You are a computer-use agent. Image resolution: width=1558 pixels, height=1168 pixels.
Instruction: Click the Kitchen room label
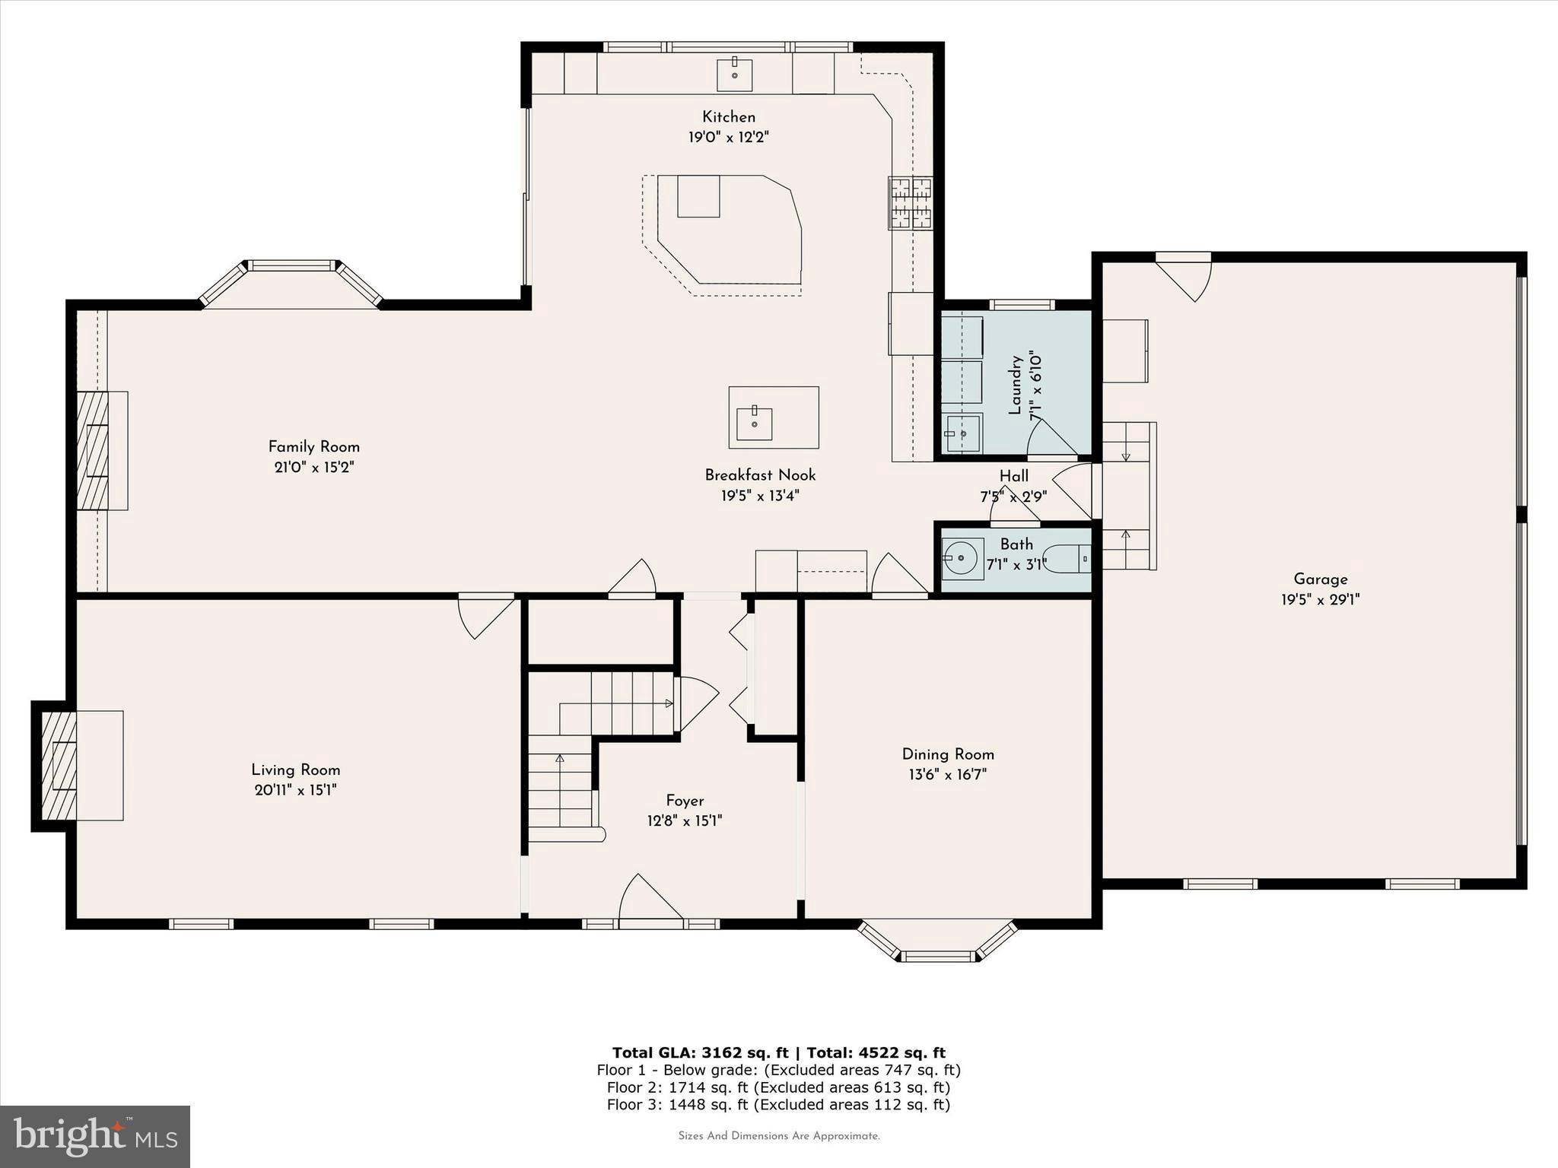tap(728, 117)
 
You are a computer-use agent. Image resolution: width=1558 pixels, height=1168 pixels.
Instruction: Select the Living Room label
tap(296, 770)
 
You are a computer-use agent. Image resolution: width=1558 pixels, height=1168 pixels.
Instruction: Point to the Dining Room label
tap(948, 754)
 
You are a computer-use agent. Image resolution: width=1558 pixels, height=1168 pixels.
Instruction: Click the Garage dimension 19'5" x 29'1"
tap(1320, 600)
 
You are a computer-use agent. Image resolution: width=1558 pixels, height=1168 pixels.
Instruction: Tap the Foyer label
tap(685, 801)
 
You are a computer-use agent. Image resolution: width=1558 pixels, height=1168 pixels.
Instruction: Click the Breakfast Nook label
tap(760, 475)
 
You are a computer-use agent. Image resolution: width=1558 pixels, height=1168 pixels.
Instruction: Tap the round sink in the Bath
tap(962, 559)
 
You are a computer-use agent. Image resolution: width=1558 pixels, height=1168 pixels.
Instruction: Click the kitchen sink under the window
tap(735, 75)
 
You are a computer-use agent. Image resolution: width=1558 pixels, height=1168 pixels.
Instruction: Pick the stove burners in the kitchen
tap(911, 203)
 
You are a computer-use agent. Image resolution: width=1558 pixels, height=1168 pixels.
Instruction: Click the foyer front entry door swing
tap(648, 899)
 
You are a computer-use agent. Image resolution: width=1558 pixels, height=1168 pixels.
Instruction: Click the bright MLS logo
tap(95, 1137)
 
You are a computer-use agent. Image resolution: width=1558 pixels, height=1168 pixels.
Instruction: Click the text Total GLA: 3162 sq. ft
tap(701, 1052)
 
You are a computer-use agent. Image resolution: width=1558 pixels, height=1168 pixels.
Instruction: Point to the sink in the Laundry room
tap(963, 434)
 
